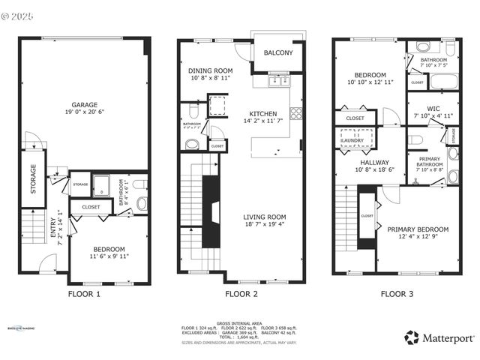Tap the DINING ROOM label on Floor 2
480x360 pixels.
(205, 70)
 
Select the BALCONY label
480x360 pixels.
(278, 53)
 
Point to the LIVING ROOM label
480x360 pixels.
(265, 218)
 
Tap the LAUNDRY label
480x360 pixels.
(352, 140)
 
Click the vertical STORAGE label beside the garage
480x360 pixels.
(33, 179)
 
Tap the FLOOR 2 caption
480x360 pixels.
(241, 294)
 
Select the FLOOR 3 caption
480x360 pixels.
(396, 294)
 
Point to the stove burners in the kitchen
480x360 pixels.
(295, 114)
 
